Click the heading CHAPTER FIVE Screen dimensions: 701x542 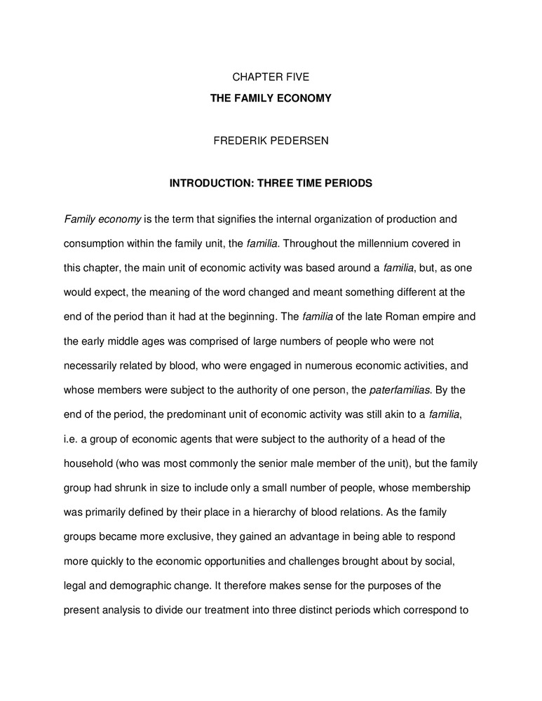[271, 78]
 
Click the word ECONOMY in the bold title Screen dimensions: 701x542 [302, 99]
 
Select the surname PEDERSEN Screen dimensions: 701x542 [299, 141]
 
